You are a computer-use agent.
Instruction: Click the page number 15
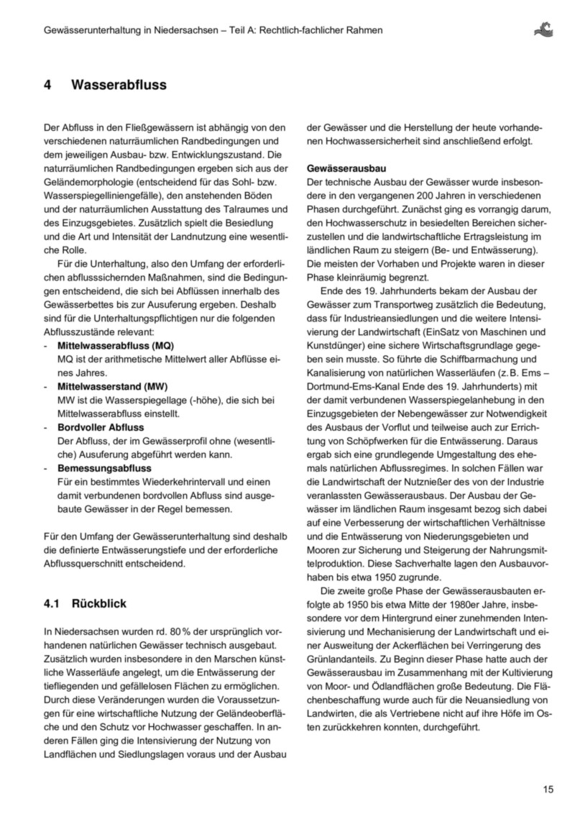pos(548,790)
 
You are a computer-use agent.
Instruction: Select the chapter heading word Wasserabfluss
pos(119,86)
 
